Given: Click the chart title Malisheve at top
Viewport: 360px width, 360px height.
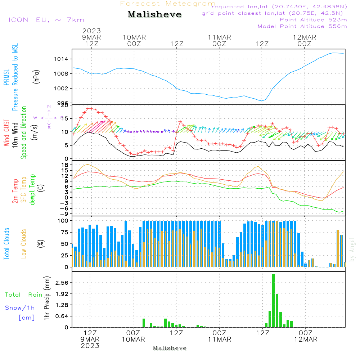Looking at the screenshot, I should [x=154, y=15].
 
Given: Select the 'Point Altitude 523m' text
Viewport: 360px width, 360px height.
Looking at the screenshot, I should [x=313, y=20].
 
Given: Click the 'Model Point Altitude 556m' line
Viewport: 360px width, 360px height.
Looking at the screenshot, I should [x=302, y=26].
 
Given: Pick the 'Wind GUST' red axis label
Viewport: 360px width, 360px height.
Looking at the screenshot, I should [x=6, y=133].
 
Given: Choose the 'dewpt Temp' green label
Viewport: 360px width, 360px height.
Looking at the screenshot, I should [x=32, y=190].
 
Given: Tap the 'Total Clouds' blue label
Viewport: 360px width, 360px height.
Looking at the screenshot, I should [x=6, y=244].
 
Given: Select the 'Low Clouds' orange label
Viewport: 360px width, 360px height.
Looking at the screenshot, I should [x=24, y=244].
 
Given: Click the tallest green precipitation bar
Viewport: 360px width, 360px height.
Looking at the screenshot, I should [x=273, y=301].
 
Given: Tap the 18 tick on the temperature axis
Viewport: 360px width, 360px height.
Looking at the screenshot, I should [x=66, y=165].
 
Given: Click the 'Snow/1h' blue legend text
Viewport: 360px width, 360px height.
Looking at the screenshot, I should [x=20, y=308].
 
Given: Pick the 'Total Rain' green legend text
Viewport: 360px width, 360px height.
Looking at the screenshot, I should [x=23, y=295].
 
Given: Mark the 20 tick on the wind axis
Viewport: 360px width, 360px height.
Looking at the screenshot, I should [x=65, y=105].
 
